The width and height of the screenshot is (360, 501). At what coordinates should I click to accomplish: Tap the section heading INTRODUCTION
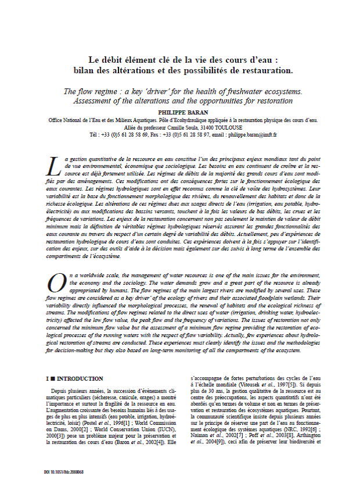click(80, 378)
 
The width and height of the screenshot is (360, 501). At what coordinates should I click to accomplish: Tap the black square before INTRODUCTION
click(52, 378)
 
